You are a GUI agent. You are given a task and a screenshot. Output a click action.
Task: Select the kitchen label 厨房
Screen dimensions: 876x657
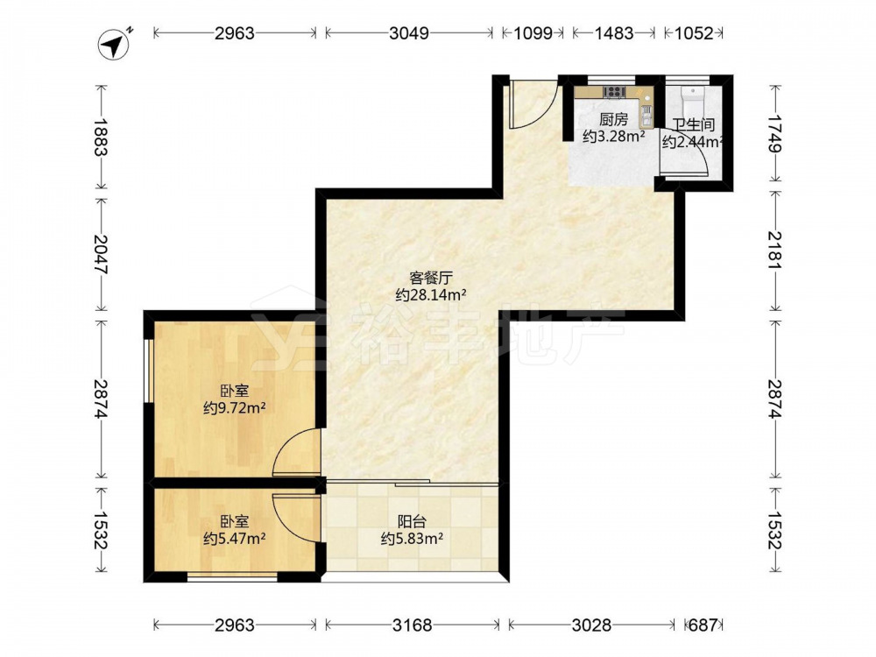click(x=613, y=119)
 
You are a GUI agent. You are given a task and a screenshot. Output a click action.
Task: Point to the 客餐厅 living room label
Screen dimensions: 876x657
click(x=431, y=278)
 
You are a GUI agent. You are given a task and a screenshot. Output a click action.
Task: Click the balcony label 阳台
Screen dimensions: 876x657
click(x=412, y=521)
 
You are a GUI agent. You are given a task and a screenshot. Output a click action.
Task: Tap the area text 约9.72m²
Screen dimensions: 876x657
click(x=234, y=408)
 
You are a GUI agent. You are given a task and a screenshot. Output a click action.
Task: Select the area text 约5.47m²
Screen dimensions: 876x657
click(x=234, y=539)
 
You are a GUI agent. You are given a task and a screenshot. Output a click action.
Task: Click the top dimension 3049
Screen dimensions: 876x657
click(x=409, y=33)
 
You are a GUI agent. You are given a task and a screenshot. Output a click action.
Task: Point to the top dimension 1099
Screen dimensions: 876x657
click(x=533, y=33)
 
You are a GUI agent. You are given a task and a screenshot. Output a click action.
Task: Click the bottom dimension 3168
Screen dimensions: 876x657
click(x=413, y=625)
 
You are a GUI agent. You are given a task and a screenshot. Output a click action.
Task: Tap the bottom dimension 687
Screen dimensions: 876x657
click(x=703, y=625)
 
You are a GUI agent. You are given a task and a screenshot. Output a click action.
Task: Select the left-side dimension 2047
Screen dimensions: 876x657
click(x=101, y=254)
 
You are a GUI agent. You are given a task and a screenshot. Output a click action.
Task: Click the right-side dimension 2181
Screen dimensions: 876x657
click(x=775, y=250)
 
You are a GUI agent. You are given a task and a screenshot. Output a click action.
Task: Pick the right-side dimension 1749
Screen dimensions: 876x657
click(x=775, y=133)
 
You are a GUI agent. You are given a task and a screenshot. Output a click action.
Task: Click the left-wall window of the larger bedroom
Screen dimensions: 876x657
click(x=148, y=370)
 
